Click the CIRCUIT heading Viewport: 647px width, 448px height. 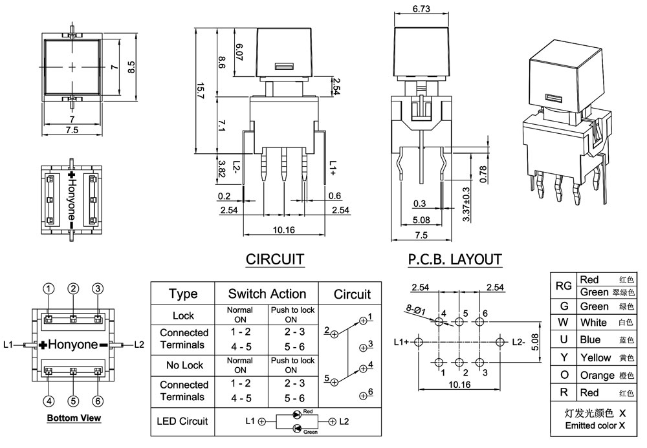pos(275,260)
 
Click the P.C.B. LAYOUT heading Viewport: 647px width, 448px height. pos(455,260)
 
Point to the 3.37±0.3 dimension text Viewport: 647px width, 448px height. pos(466,205)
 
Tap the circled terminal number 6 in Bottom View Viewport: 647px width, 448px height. pos(98,401)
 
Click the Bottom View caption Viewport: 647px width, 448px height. pos(74,418)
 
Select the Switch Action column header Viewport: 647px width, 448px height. pos(267,294)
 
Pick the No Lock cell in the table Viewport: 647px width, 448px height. pos(183,365)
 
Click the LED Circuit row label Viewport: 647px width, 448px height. pos(183,421)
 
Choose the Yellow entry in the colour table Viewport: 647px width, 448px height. pos(595,357)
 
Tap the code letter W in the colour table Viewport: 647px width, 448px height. pos(564,323)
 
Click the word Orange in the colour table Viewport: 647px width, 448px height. pos(598,375)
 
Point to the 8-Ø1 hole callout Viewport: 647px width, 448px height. pos(417,310)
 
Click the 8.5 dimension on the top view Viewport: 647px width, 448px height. pos(131,67)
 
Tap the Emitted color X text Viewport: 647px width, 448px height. pos(595,425)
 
